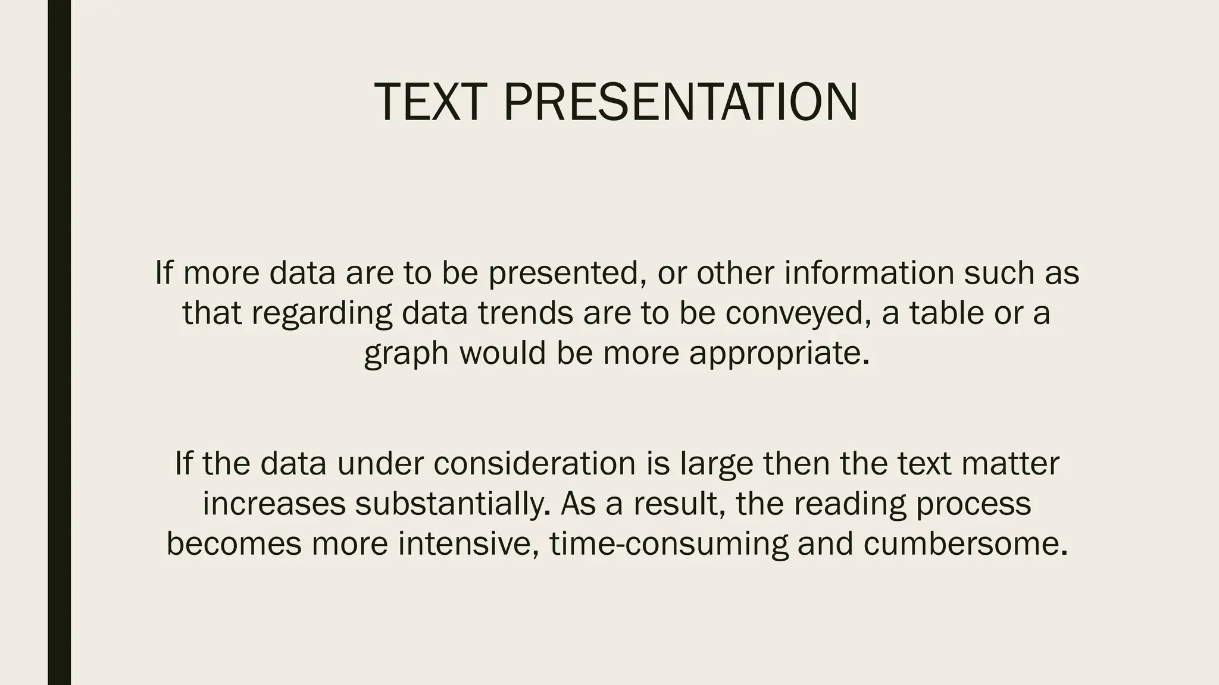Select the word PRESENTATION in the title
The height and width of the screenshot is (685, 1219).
[680, 102]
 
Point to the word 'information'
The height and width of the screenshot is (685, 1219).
[869, 274]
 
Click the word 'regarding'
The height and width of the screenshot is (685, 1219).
[321, 314]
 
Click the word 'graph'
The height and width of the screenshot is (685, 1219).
[406, 354]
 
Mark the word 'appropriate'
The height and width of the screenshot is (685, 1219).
[779, 353]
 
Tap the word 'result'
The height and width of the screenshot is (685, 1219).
[679, 504]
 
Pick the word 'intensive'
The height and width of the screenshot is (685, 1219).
[468, 545]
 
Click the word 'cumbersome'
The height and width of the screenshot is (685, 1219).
[965, 545]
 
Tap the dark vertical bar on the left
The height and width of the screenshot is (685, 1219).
[59, 342]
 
